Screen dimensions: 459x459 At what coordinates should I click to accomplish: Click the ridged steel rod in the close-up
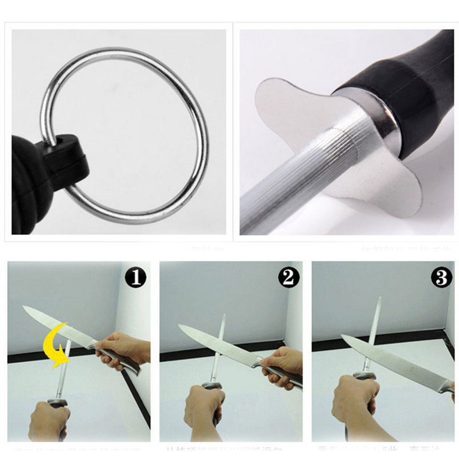point(287,179)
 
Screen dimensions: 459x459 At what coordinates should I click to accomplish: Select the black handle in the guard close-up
point(403,90)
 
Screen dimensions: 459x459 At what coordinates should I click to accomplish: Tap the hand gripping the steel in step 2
point(204,406)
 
